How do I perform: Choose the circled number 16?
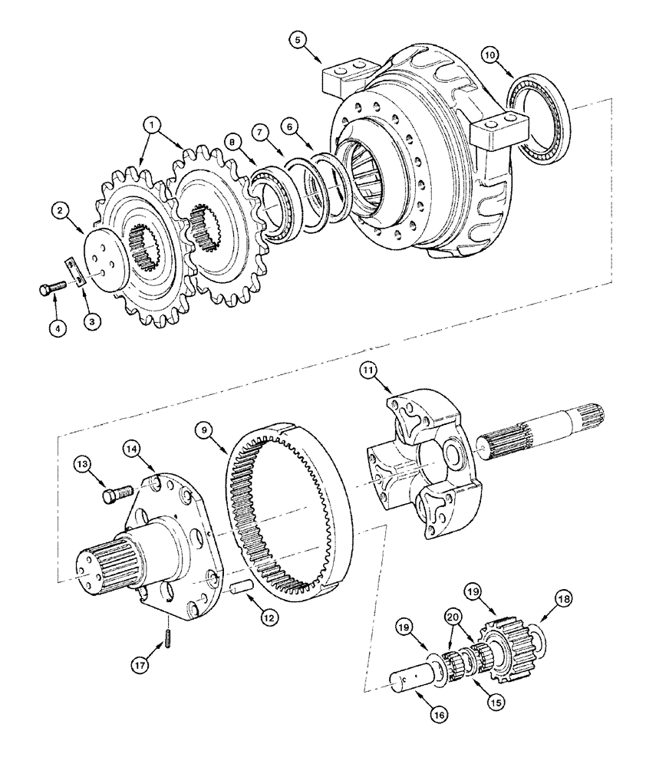pyautogui.click(x=436, y=713)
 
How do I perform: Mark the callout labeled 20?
pyautogui.click(x=453, y=618)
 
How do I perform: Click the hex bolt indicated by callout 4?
pyautogui.click(x=47, y=290)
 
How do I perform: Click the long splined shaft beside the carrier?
pyautogui.click(x=545, y=433)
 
